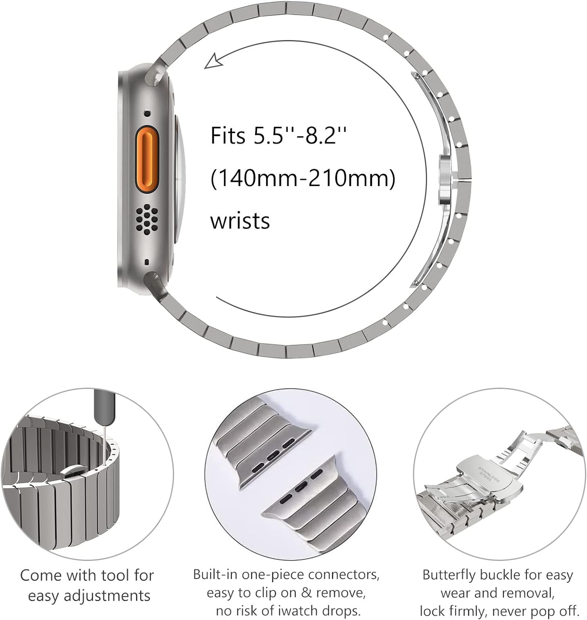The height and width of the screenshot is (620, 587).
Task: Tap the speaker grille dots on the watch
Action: tap(146, 218)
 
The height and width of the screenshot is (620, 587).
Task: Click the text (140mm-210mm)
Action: tap(303, 179)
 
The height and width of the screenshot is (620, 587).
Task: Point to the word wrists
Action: tap(240, 221)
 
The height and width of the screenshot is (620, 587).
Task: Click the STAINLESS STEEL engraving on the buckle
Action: tap(488, 474)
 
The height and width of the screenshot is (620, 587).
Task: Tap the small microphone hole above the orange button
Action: tap(147, 113)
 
